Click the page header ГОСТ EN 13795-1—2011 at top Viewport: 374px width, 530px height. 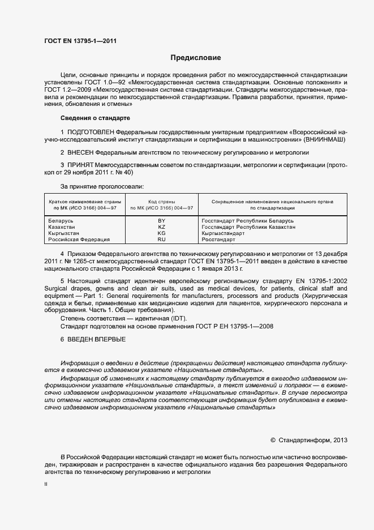(80, 40)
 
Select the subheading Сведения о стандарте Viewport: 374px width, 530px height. (95, 118)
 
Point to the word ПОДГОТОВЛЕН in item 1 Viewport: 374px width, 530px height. (90, 131)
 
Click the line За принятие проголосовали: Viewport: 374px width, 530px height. (102, 186)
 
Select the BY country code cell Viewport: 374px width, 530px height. (161, 220)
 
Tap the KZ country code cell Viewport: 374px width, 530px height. (161, 226)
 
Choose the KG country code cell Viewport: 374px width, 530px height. (161, 233)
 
